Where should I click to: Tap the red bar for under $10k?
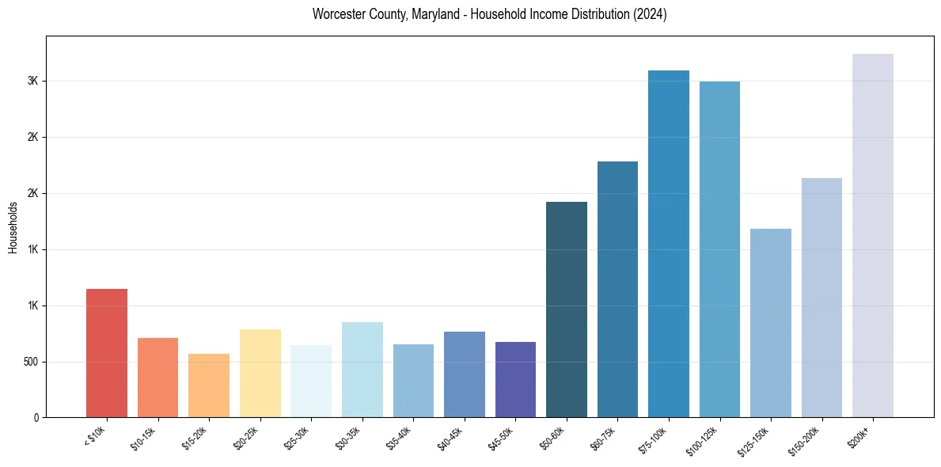[x=107, y=353]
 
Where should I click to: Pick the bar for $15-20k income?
[x=209, y=385]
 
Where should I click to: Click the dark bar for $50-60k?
[x=566, y=309]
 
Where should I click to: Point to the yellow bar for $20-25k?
[x=260, y=373]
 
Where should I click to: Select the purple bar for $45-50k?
[x=515, y=379]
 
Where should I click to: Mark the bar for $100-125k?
[x=719, y=249]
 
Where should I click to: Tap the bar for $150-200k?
[x=821, y=298]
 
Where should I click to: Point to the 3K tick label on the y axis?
[x=32, y=81]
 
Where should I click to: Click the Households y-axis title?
[x=13, y=227]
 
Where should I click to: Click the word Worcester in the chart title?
[x=339, y=14]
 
